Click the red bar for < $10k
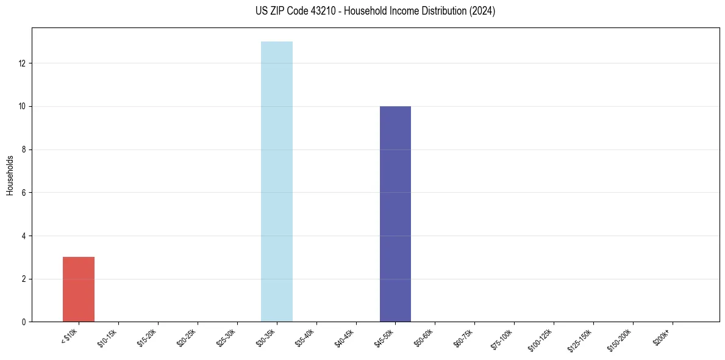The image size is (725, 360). [x=79, y=289]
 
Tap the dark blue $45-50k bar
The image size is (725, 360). [x=395, y=214]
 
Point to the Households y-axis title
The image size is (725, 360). [x=10, y=175]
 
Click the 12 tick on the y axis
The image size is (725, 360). [x=23, y=63]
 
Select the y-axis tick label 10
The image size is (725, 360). [x=23, y=106]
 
